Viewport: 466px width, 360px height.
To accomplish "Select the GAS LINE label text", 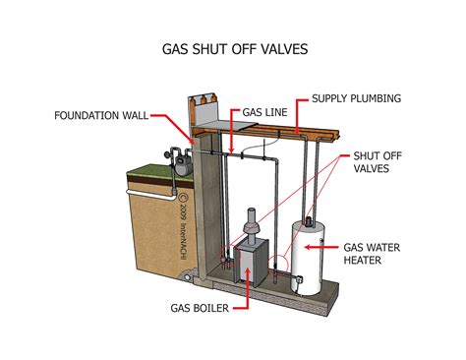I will pyautogui.click(x=264, y=112).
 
